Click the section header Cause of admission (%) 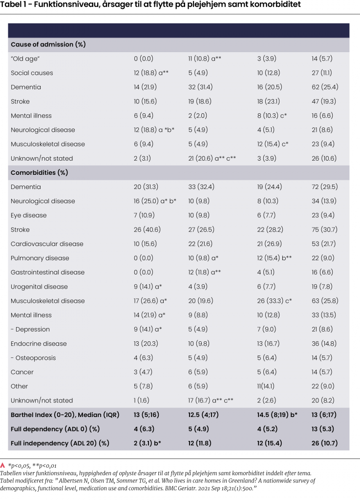pos(48,44)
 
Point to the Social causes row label pos(32,73)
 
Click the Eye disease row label pos(30,215)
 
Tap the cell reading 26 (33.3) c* pos(278,301)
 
